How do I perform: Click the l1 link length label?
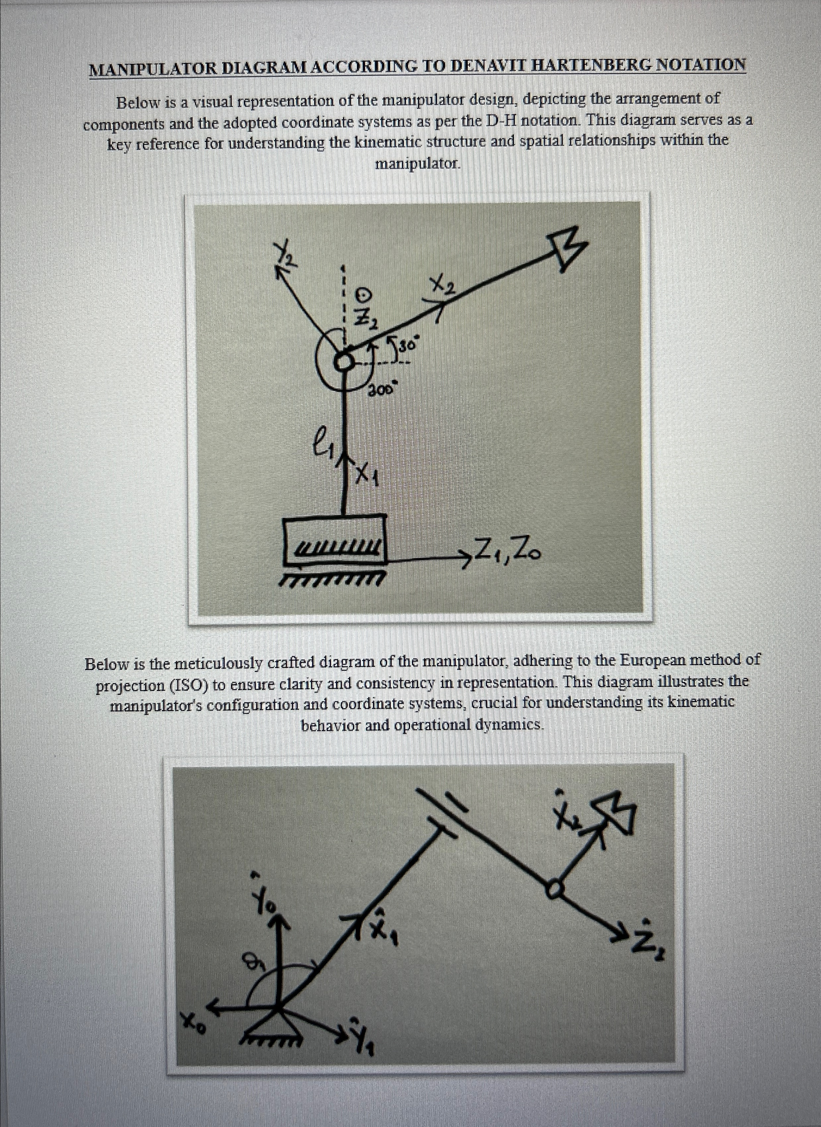(x=322, y=440)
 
